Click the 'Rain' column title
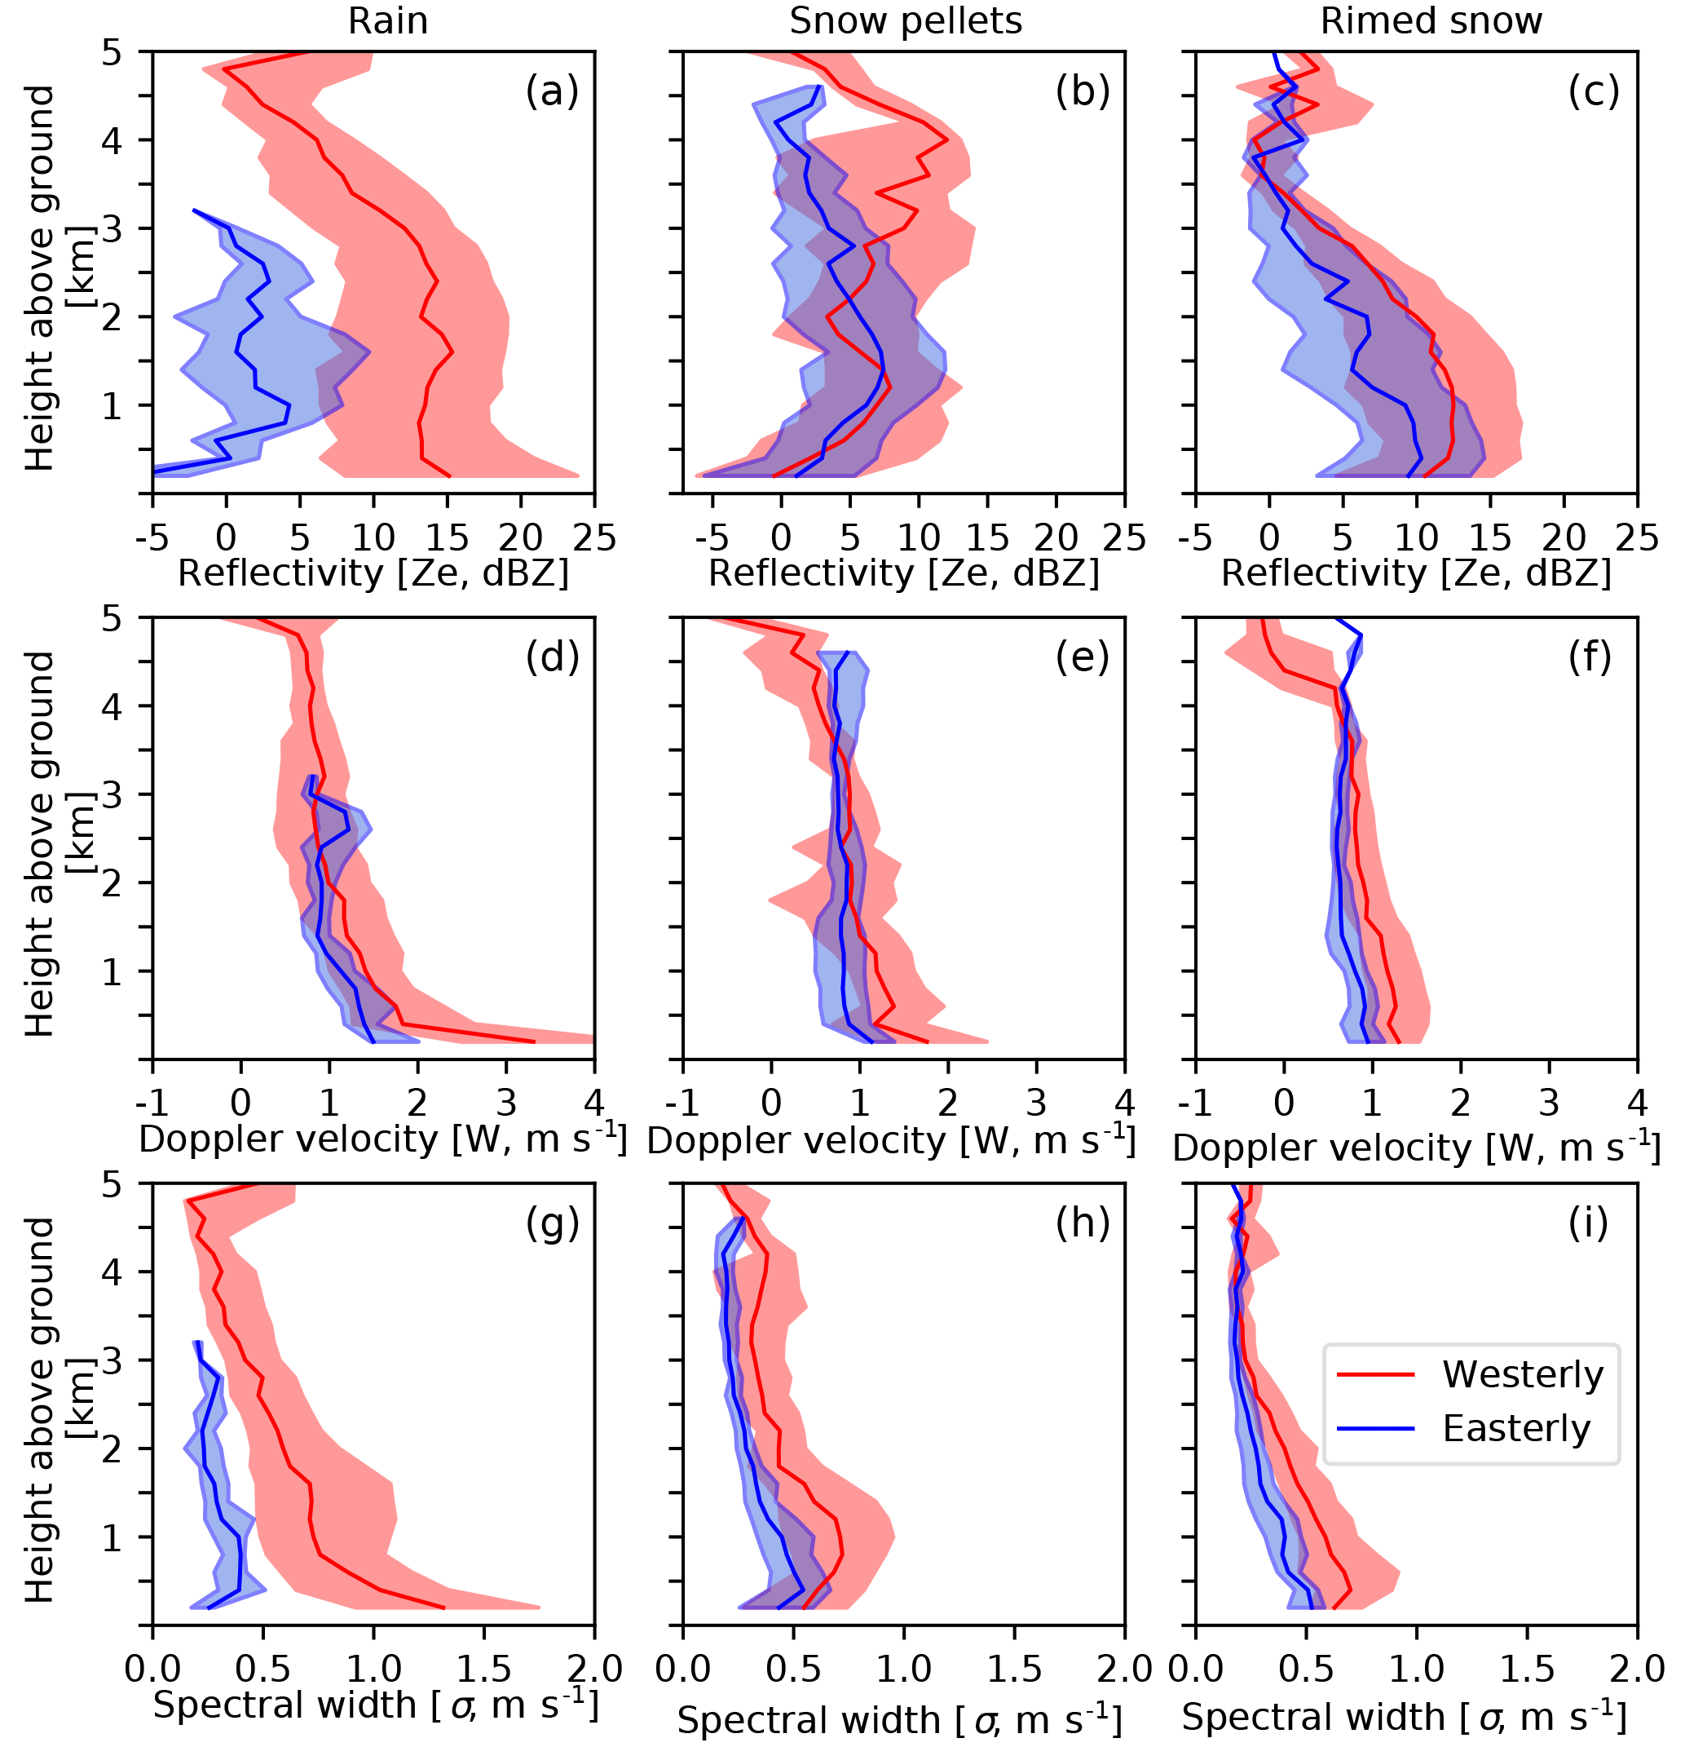point(387,21)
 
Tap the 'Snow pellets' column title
point(906,21)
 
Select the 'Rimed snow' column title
point(1430,21)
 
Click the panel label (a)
point(552,91)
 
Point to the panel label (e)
point(1082,657)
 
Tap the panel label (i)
point(1588,1223)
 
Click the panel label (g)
point(552,1223)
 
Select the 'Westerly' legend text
point(1522,1374)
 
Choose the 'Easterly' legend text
point(1515,1429)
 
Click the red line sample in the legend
point(1375,1374)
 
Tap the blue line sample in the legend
point(1375,1430)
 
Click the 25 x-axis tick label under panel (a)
point(594,538)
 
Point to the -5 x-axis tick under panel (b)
point(711,538)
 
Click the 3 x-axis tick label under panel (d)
point(505,1103)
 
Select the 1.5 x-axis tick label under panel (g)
point(484,1669)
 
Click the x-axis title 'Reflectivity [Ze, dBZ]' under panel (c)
point(1416,574)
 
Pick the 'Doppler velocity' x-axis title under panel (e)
point(891,1141)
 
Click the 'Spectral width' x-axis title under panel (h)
point(898,1718)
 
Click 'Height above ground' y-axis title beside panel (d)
point(40,843)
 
